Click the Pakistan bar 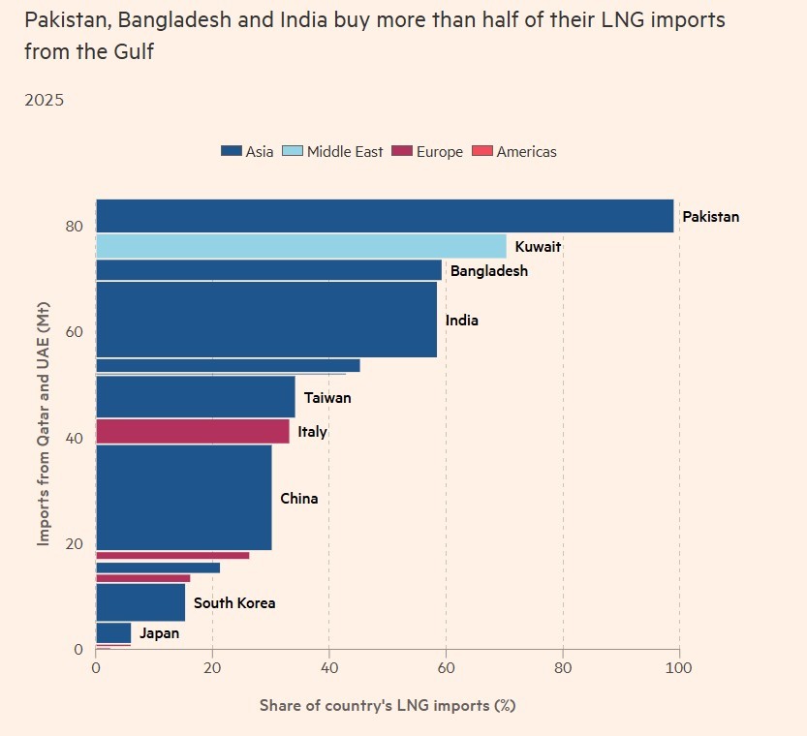point(385,216)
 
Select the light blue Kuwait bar point(300,246)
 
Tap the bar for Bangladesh point(268,270)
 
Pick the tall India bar point(266,320)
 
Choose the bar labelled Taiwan point(195,397)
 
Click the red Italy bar point(193,431)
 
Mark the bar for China point(184,498)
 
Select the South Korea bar point(140,602)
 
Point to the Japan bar point(113,632)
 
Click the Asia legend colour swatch point(231,151)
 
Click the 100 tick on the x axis point(679,667)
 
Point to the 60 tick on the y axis point(74,332)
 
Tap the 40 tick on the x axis point(329,667)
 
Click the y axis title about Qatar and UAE point(45,422)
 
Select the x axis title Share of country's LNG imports point(388,705)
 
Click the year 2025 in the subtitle point(45,100)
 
